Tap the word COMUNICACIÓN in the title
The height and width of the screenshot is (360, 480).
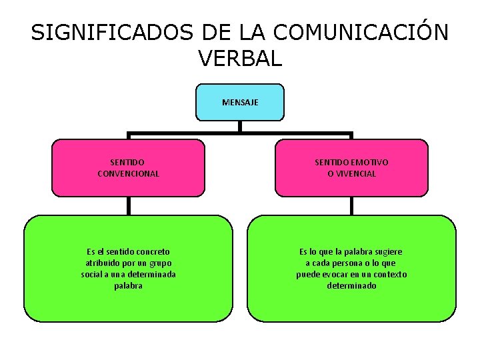click(x=361, y=33)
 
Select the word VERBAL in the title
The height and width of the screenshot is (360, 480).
click(x=240, y=59)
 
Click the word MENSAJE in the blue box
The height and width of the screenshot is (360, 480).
click(x=240, y=103)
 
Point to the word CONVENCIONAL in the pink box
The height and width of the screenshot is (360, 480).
click(x=128, y=173)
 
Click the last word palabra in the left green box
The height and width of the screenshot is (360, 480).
click(x=128, y=286)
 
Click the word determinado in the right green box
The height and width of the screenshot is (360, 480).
click(x=351, y=286)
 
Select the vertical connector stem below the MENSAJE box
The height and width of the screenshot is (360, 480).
click(x=240, y=126)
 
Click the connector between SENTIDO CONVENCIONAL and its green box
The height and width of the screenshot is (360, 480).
click(x=129, y=205)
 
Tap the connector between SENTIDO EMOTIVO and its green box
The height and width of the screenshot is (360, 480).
click(x=352, y=205)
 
